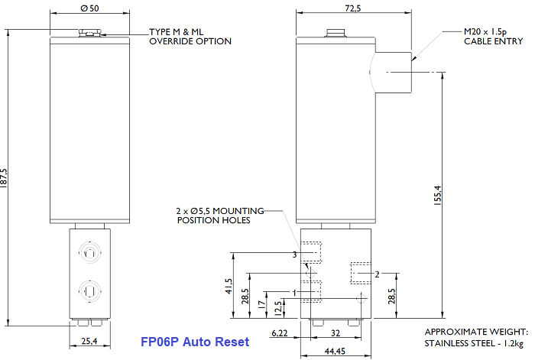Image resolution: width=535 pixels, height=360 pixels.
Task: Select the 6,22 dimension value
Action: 280,333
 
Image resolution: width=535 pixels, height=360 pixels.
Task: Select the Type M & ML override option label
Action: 190,37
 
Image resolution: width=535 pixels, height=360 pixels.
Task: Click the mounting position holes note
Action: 220,215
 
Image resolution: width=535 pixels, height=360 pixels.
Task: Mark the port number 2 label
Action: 377,272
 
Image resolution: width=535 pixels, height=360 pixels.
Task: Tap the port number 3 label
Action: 294,254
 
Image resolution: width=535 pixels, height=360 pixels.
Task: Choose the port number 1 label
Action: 295,293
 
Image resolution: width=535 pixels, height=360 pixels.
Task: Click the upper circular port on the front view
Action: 90,253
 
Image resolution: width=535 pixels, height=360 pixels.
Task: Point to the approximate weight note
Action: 475,337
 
